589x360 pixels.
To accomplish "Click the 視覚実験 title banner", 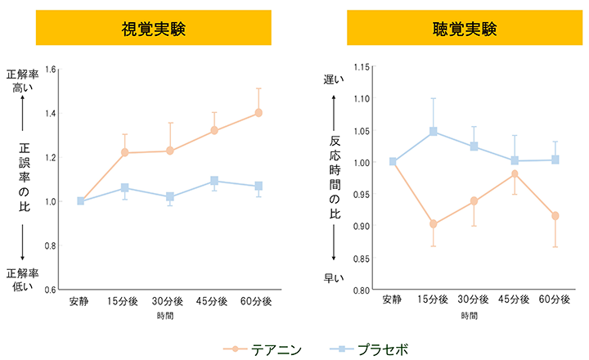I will (x=153, y=29).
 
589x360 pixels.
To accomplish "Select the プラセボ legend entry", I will (x=372, y=349).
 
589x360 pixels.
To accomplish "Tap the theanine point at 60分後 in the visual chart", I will (x=259, y=113).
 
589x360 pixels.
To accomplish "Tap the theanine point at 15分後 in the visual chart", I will (x=125, y=152).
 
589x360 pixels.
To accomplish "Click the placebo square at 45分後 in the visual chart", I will (x=214, y=181).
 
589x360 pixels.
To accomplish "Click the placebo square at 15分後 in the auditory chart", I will (x=434, y=131).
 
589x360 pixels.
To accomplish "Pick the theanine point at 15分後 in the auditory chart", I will (x=434, y=224).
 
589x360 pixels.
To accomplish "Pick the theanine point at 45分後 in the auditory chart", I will (x=515, y=173).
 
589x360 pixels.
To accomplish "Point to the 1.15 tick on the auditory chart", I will (x=362, y=66).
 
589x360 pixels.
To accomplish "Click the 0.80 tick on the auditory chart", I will (x=362, y=290).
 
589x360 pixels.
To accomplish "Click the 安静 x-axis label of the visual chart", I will (x=80, y=301).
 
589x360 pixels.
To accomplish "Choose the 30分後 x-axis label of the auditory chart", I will (x=474, y=301).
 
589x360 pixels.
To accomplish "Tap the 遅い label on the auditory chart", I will (x=334, y=79).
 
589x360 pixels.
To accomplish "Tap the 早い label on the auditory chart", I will (x=334, y=278).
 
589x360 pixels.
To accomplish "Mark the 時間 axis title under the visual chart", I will (x=169, y=315).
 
